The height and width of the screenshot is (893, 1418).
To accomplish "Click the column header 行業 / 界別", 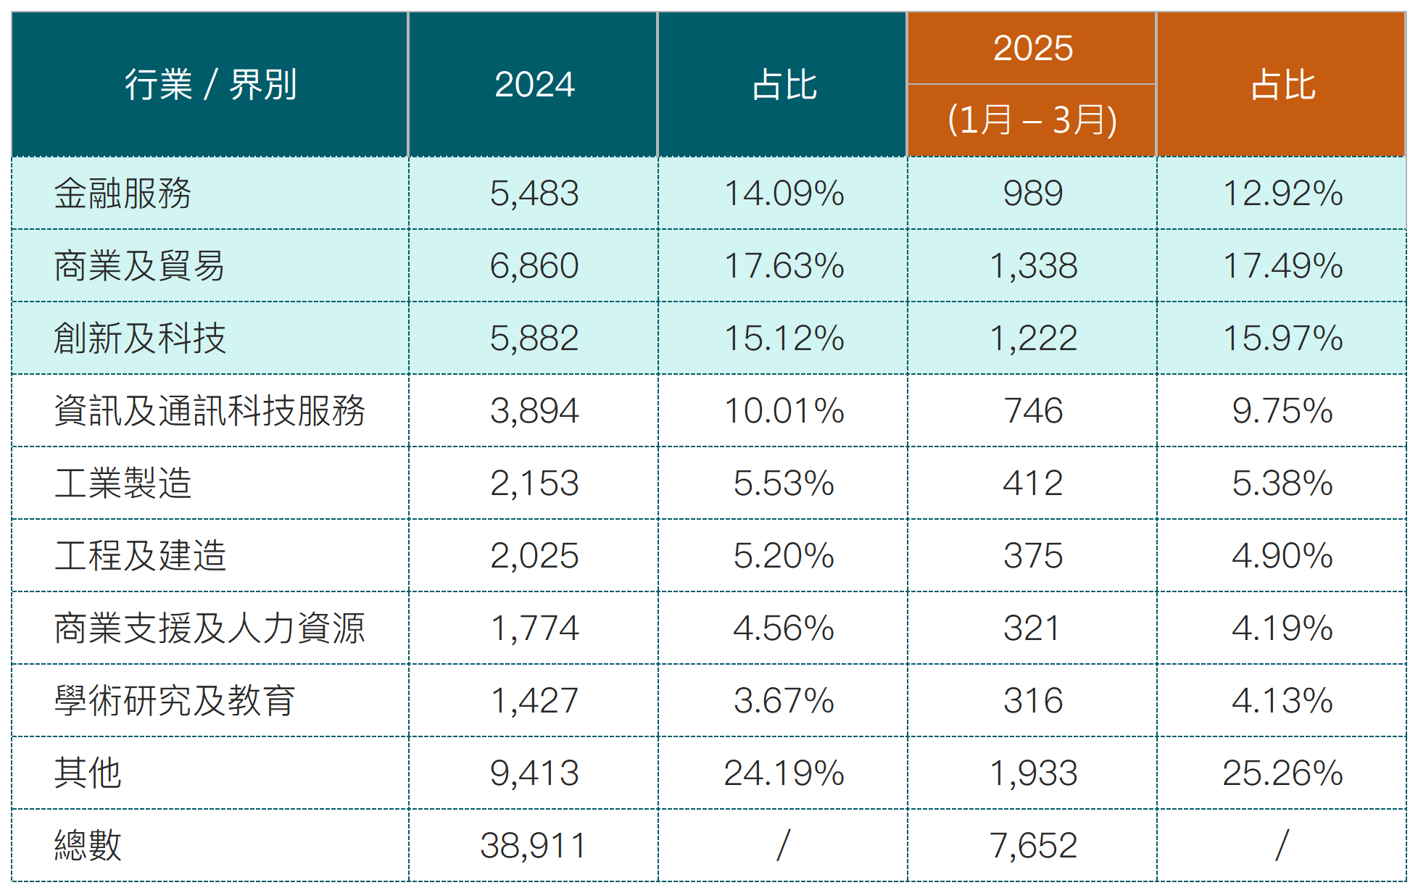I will pos(210,85).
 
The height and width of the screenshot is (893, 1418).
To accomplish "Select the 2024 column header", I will pos(534,85).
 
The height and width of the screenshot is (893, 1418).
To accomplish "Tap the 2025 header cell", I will pos(1032,49).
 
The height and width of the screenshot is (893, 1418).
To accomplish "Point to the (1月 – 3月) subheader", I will pos(1032,120).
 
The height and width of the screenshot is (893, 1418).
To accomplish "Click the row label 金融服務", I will pos(123,194).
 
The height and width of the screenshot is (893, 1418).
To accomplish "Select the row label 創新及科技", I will pos(140,338).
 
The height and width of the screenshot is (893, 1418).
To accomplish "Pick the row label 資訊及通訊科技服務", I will pos(210,411).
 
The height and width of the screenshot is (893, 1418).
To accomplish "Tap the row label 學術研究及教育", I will pos(175,701).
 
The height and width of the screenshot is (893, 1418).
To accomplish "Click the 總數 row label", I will pos(88,845).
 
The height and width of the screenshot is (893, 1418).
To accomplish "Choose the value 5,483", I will pos(534,194).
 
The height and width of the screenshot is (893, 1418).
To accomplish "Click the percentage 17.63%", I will pos(784,266).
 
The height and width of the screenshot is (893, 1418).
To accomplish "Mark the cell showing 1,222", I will pos(1033,338).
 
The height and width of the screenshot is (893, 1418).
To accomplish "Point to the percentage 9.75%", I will pos(1282,411).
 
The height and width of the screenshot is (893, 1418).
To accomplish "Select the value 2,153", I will pos(534,483).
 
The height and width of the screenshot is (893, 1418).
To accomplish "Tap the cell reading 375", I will pos(1033,556).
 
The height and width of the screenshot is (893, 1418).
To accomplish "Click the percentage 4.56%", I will pos(784,628).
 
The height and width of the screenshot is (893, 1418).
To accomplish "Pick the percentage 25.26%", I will pos(1282,773).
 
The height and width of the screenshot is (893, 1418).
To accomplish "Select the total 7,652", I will pos(1033,845).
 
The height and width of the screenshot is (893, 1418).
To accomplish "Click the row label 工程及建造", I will pos(140,556).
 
